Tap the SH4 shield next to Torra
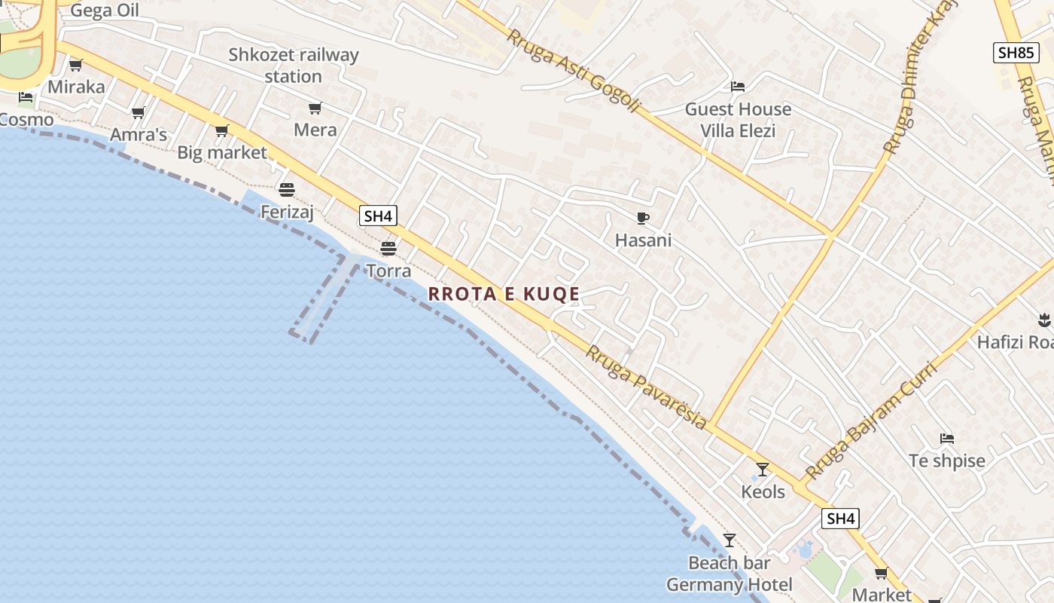coord(378,216)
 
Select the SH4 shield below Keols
coord(840,519)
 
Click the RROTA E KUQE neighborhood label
coord(504,294)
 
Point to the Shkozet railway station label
coord(294,66)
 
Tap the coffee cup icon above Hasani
coord(642,219)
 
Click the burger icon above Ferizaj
coord(286,189)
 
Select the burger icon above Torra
coord(388,248)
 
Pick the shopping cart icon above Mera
coord(315,109)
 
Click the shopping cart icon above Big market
coord(221,131)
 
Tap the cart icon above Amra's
coord(138,113)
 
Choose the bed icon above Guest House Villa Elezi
coord(738,87)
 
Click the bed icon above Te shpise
coord(947,439)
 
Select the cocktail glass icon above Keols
coord(763,470)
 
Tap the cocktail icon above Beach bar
coord(729,540)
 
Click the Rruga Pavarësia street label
coord(647,387)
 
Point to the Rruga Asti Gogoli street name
coord(572,71)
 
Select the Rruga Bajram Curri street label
coord(870,422)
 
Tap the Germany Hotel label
coord(729,585)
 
